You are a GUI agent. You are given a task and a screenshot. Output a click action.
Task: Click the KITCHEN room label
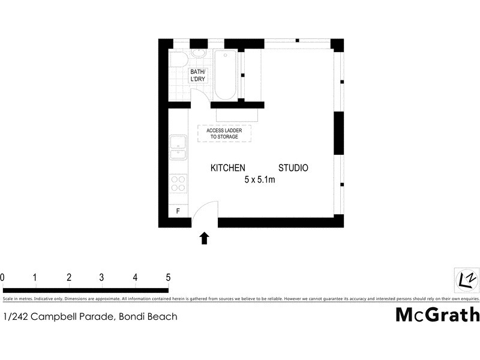click(228, 168)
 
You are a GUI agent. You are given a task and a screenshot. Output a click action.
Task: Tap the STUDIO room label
click(293, 168)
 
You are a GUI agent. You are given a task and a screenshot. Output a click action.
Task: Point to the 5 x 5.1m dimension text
click(260, 180)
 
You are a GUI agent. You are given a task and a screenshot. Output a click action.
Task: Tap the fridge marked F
click(178, 211)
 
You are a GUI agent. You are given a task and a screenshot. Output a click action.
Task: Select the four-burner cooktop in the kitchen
click(178, 183)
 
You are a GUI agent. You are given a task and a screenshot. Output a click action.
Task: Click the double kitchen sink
click(178, 147)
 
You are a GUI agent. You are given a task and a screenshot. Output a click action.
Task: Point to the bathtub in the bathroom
click(226, 75)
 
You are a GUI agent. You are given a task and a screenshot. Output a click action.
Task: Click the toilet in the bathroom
click(176, 59)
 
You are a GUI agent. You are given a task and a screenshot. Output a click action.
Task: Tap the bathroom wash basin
click(198, 55)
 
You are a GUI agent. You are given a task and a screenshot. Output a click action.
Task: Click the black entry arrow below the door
click(205, 238)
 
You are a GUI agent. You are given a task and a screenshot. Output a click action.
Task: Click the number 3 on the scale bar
click(102, 277)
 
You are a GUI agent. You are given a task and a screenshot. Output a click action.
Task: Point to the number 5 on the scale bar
click(168, 277)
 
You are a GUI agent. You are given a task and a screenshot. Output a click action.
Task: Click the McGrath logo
click(437, 314)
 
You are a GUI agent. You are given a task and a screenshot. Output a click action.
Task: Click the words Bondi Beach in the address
click(151, 316)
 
